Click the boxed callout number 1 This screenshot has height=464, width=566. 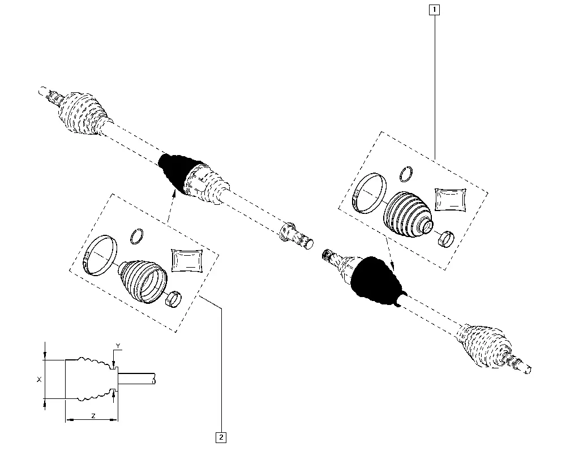[x=434, y=10]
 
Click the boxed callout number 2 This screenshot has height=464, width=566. [x=221, y=437]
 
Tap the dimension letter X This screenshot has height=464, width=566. [x=40, y=380]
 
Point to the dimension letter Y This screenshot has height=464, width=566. [x=118, y=346]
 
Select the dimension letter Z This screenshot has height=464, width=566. [x=93, y=416]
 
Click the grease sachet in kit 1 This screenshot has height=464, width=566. [x=450, y=200]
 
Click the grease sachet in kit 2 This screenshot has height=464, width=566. [x=187, y=260]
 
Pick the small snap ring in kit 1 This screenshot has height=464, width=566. [x=406, y=174]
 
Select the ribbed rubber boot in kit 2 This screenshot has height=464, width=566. [x=143, y=281]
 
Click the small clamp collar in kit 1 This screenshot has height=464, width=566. [x=446, y=239]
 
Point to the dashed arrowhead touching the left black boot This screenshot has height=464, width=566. [x=174, y=192]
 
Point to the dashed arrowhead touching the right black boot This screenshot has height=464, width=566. [x=392, y=265]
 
